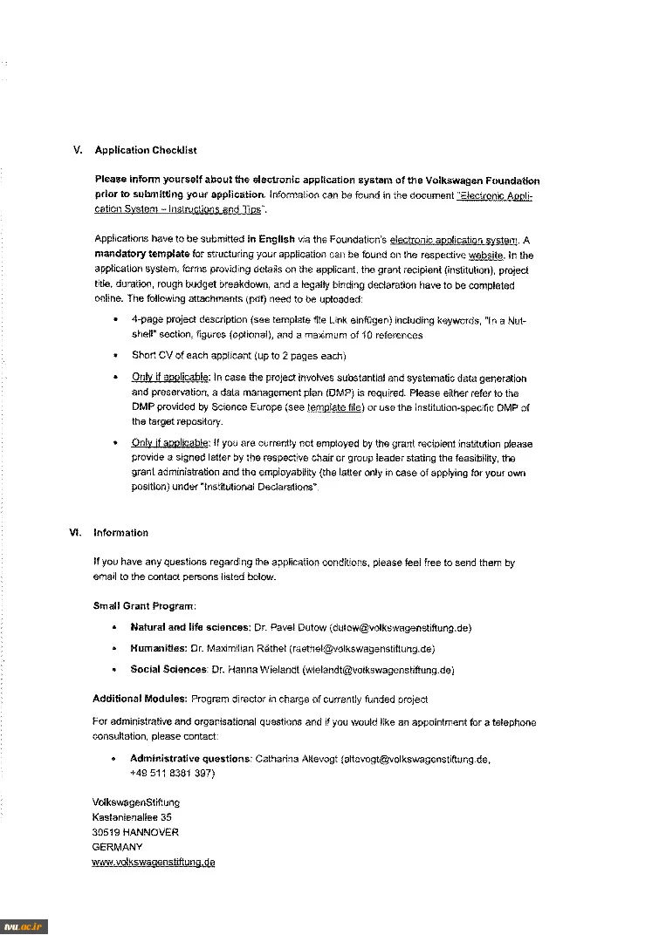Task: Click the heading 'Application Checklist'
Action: pos(146,150)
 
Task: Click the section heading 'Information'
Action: pos(121,533)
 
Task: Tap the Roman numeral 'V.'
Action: pos(78,150)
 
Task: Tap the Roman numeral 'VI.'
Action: pos(75,533)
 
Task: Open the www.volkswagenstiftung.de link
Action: pos(154,863)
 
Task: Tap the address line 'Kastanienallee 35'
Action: pos(132,817)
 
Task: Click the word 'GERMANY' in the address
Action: pos(118,847)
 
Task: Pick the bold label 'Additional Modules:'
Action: pos(140,699)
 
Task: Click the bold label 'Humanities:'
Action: pos(158,649)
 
